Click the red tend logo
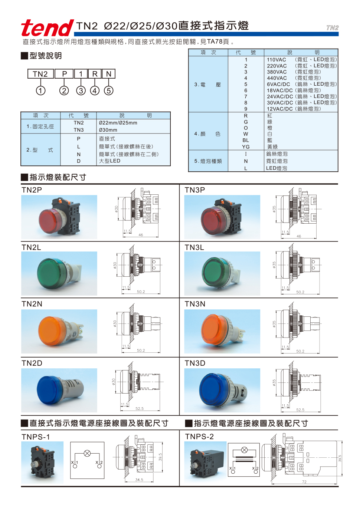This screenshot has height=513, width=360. point(47,28)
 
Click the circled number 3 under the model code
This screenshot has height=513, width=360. point(81,91)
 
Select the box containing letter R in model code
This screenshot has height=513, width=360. point(95,74)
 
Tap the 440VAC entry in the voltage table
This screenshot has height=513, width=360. point(277,78)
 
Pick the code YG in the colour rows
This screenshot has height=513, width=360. point(246,147)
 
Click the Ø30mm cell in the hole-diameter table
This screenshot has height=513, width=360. point(108,130)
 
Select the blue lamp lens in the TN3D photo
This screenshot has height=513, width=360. point(215,389)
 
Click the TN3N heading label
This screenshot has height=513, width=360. point(195,304)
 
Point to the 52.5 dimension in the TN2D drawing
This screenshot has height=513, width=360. point(140,409)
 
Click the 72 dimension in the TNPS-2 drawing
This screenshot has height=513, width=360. point(304,482)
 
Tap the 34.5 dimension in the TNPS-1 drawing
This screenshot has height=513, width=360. point(139,480)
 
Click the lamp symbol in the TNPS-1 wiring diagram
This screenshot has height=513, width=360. point(87,453)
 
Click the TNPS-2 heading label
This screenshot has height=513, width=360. point(199,437)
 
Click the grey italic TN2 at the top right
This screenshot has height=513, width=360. point(332,28)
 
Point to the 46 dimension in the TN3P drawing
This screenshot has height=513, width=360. point(299,236)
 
